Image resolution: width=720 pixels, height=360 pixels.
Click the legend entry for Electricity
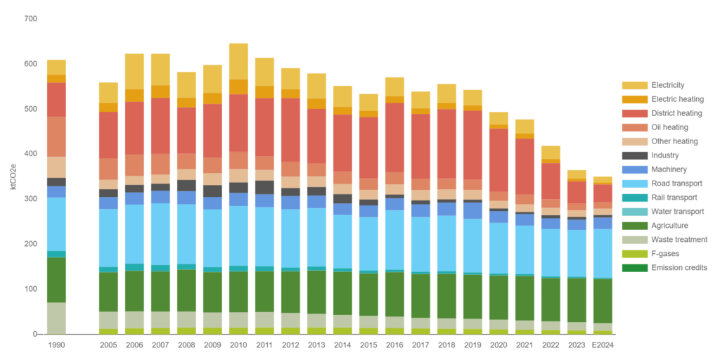pyautogui.click(x=668, y=85)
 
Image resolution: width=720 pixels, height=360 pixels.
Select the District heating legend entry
pyautogui.click(x=676, y=113)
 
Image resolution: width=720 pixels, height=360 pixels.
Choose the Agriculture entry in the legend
pyautogui.click(x=672, y=226)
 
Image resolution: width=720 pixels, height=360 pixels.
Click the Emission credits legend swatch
pyautogui.click(x=634, y=268)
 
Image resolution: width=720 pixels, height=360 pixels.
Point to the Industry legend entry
pyautogui.click(x=665, y=155)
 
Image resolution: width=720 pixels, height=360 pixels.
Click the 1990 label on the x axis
pyautogui.click(x=56, y=345)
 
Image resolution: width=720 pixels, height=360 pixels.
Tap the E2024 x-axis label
pyautogui.click(x=603, y=345)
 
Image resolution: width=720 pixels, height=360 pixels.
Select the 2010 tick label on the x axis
pyautogui.click(x=238, y=345)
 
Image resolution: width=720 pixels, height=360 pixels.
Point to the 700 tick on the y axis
pyautogui.click(x=30, y=19)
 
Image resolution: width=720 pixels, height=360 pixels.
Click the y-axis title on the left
pyautogui.click(x=13, y=176)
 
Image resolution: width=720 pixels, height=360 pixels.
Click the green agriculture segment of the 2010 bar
pyautogui.click(x=238, y=292)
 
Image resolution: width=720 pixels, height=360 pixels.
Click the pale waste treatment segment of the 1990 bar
pyautogui.click(x=56, y=318)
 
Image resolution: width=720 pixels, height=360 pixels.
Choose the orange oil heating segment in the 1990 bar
pyautogui.click(x=56, y=136)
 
